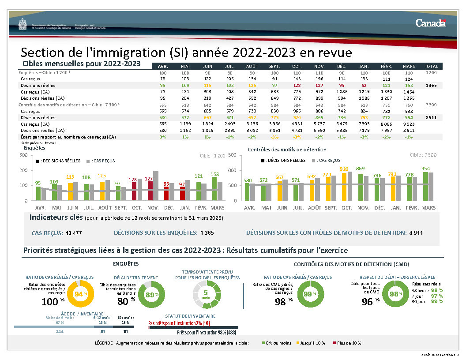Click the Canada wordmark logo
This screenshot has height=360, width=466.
[x=430, y=23]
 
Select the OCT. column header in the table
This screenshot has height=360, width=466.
[x=296, y=66]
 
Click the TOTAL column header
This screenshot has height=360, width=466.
[x=431, y=66]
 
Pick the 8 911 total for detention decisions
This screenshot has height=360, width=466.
[x=431, y=118]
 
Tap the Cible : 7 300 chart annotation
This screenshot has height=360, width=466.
[x=423, y=155]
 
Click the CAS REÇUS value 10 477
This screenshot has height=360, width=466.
[x=74, y=232]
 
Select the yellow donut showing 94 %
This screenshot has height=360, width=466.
[x=81, y=294]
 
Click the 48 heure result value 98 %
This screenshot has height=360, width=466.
[x=437, y=290]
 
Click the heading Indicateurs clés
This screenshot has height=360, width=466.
[x=56, y=217]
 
